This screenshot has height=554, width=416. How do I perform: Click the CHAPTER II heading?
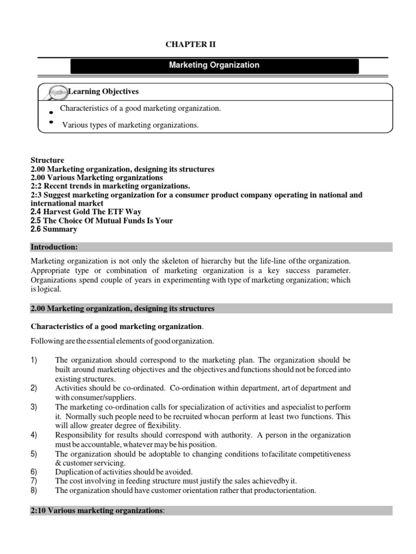point(193,44)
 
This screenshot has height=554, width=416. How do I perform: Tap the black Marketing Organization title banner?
point(214,65)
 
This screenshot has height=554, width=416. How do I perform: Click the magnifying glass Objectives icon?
point(57,92)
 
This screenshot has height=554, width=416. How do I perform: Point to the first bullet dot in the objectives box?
point(50,113)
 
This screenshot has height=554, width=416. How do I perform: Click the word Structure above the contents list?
point(47,161)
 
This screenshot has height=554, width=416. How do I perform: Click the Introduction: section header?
point(55,247)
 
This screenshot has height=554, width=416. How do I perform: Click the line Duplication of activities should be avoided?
point(123,472)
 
